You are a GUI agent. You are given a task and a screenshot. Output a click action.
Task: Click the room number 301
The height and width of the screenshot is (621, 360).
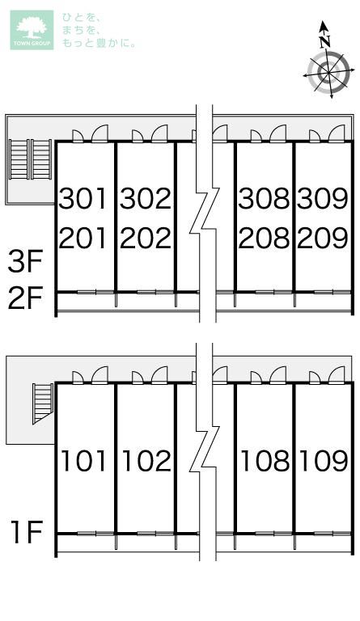pos(83,198)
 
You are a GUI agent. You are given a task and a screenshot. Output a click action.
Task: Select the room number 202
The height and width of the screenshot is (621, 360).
pos(146,238)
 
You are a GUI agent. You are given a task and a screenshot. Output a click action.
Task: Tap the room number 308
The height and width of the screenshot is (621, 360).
pos(265,198)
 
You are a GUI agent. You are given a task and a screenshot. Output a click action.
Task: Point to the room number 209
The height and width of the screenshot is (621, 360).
pos(323,238)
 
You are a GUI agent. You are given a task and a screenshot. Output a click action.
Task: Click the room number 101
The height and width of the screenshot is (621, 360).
pos(83,461)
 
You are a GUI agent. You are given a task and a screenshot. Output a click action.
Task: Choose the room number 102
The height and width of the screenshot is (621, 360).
pos(146,461)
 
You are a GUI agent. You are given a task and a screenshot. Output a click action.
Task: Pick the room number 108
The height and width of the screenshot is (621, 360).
pos(265,461)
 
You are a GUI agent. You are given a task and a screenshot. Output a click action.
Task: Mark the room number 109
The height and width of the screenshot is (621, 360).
pos(324,461)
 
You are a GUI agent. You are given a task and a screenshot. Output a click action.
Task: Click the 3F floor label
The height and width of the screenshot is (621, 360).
pos(25,261)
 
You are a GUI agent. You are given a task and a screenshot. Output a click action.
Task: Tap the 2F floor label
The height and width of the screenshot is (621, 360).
pos(25,300)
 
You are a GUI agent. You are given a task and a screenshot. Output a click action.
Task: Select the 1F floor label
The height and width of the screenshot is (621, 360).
pos(27,533)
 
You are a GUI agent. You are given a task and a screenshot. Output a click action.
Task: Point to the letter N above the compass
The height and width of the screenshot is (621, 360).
pos(325,40)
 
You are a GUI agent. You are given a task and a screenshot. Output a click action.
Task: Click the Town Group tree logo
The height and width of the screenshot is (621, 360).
pos(32,30)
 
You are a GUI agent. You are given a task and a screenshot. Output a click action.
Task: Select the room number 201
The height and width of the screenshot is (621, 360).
pos(83,238)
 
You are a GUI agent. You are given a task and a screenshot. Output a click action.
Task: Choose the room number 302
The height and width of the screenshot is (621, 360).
pos(146,198)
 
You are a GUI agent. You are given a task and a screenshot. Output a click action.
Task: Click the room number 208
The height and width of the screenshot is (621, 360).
pos(265,238)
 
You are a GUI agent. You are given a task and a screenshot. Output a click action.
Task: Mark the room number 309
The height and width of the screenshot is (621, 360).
pos(323,198)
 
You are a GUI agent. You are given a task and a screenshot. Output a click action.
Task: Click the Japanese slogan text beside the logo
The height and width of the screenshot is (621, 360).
pos(99,31)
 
